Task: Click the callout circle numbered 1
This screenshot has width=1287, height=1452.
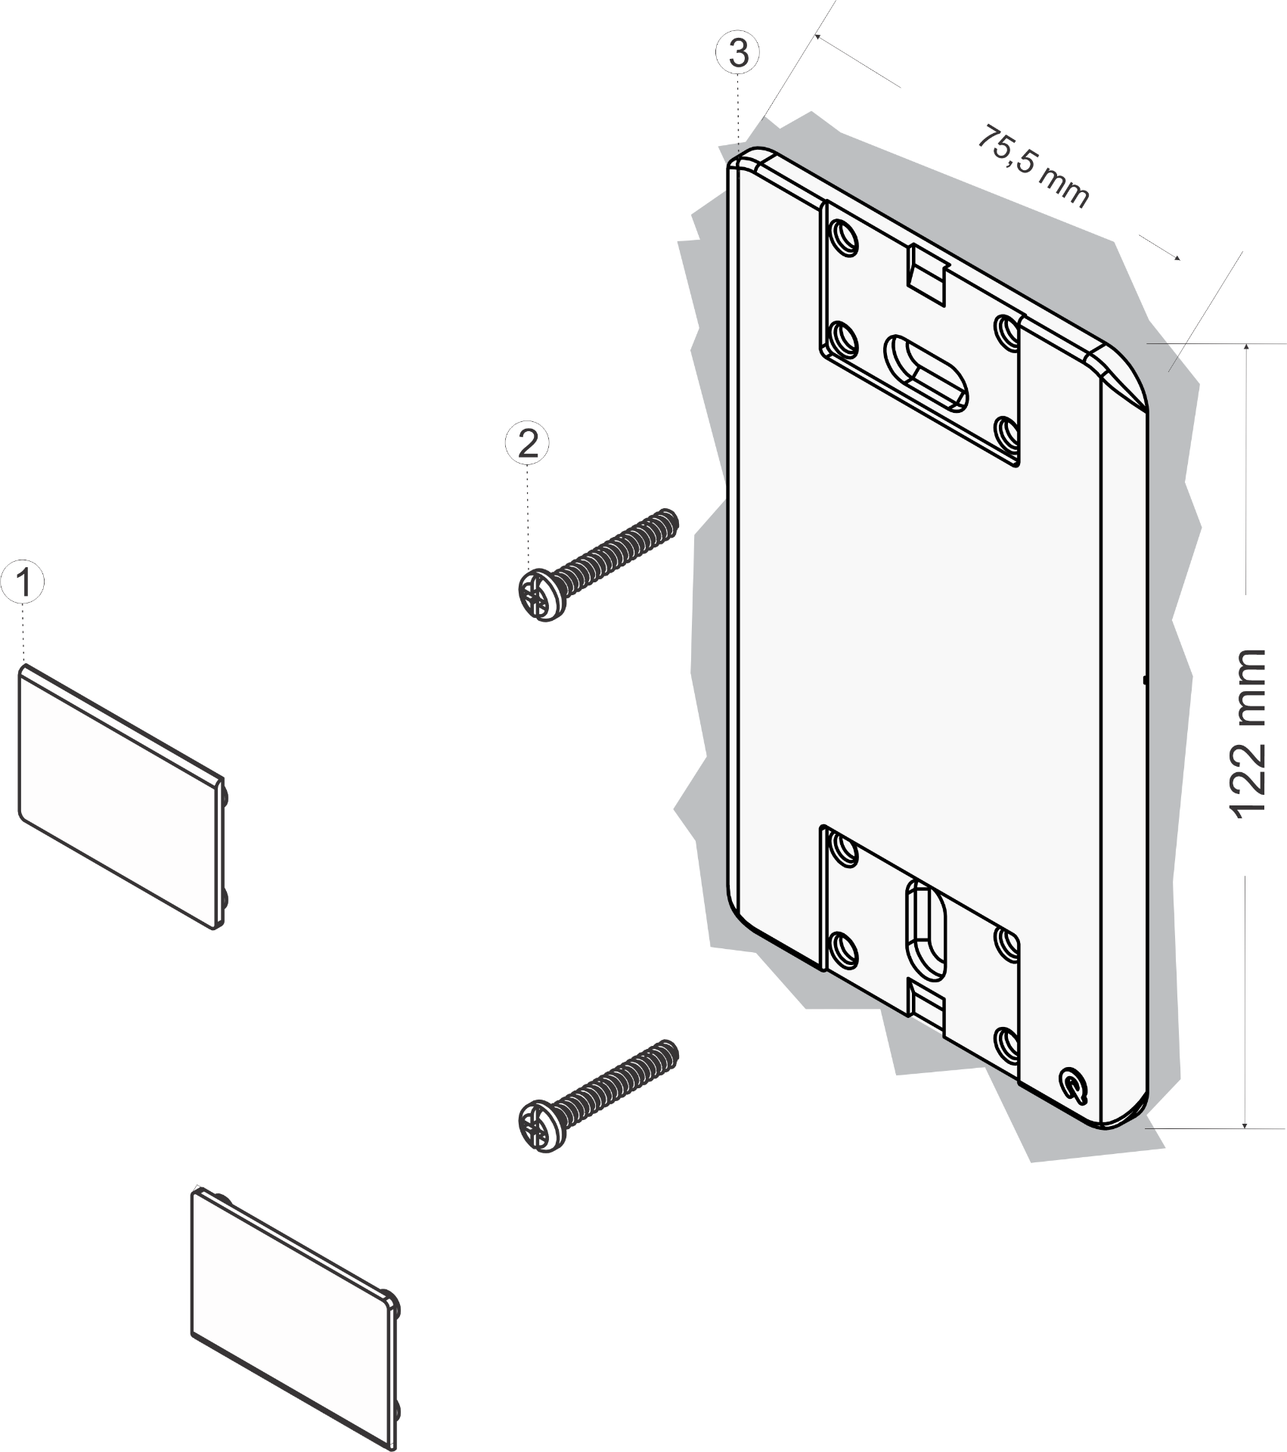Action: (23, 582)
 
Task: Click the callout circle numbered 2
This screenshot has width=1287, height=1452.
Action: (527, 442)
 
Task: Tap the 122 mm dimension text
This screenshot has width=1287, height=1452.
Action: (1246, 733)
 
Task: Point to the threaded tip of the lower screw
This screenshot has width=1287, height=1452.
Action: (669, 1052)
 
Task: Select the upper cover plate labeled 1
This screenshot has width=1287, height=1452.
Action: (122, 796)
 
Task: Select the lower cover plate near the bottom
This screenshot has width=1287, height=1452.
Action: (295, 1318)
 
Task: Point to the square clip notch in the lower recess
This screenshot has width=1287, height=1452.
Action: (926, 1004)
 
